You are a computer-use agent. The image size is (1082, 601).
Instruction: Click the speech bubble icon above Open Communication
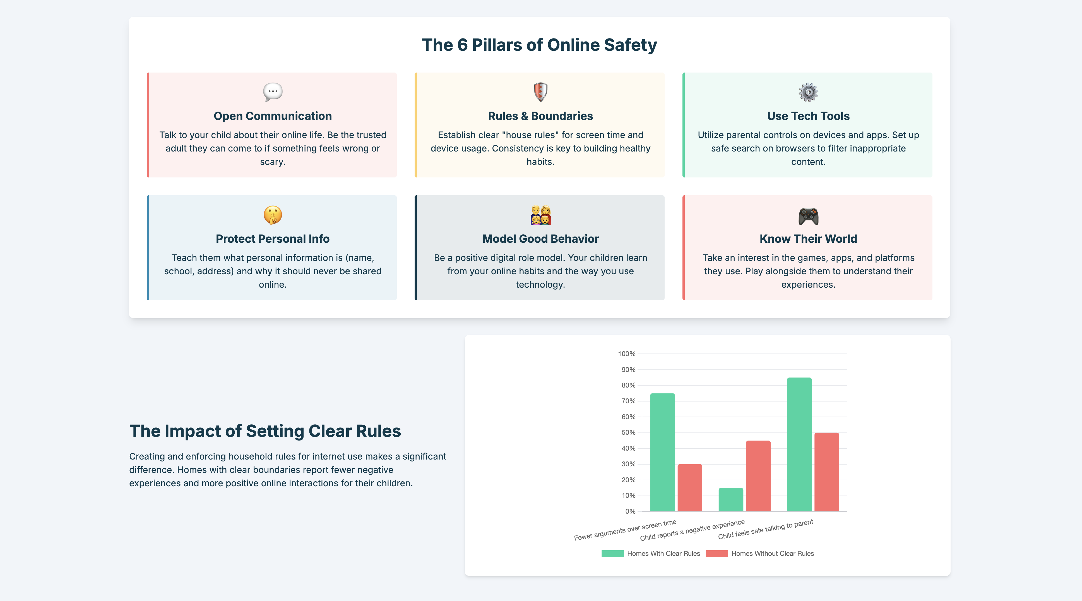click(273, 92)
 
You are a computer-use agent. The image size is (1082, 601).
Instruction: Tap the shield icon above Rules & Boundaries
click(540, 92)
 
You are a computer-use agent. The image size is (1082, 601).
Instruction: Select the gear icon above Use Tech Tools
click(808, 92)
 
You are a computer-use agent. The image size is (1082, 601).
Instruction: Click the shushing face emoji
click(273, 215)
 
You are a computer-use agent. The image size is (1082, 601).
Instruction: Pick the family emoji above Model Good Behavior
click(540, 215)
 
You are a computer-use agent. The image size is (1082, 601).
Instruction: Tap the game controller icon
click(808, 216)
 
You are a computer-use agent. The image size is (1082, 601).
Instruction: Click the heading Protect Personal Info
click(273, 239)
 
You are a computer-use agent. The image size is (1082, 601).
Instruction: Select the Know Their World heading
click(808, 239)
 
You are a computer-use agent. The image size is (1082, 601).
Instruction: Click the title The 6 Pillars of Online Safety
click(539, 45)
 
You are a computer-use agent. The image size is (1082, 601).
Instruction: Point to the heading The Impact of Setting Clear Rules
click(265, 431)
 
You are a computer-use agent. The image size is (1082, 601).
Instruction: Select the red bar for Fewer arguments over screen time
click(690, 488)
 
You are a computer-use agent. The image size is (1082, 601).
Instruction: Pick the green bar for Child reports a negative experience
click(731, 499)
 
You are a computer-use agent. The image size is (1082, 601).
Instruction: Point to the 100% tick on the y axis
click(627, 354)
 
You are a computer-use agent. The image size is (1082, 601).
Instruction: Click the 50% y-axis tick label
click(628, 432)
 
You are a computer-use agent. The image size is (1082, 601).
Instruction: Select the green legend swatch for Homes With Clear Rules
click(612, 554)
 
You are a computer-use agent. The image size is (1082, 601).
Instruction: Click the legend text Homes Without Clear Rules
click(772, 554)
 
